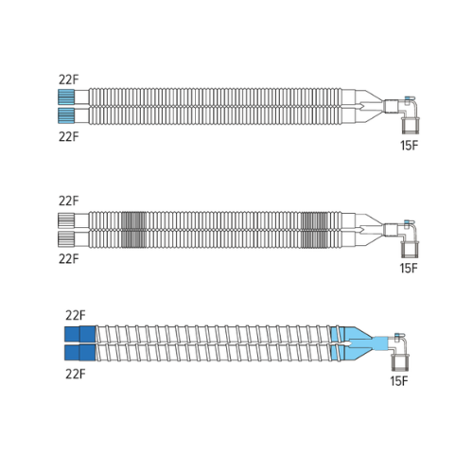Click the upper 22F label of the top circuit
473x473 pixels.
68,79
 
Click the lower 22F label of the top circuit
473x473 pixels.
68,137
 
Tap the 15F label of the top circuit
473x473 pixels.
409,146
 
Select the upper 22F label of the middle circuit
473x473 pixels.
68,201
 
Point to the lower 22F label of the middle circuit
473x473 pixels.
68,259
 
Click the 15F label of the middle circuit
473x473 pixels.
409,269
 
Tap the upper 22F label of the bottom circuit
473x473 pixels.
76,315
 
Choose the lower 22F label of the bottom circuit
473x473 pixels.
76,374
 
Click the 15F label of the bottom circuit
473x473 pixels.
399,381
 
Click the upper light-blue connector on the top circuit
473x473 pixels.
66,97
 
